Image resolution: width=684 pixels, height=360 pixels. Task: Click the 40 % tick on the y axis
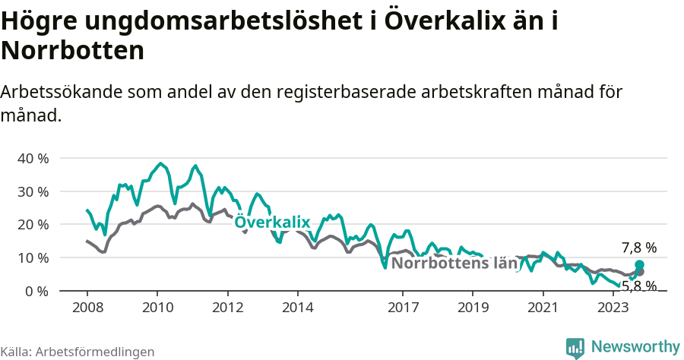point(33,158)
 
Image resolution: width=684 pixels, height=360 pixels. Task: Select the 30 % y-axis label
point(33,191)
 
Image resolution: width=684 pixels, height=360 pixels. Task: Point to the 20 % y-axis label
point(33,224)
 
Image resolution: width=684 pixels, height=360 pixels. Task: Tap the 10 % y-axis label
point(33,257)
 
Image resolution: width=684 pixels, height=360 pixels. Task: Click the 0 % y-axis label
point(36,291)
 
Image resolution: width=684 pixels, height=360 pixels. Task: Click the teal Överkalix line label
point(273,222)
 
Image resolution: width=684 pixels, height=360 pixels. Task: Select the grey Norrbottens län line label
point(455,264)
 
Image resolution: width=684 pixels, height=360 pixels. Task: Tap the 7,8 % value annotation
point(638,248)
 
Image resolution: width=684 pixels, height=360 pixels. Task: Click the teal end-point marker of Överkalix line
point(639,265)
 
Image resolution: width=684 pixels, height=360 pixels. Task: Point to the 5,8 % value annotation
point(638,286)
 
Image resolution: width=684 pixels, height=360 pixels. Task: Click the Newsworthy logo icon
point(575,347)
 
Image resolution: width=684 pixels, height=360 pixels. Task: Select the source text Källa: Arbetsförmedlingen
point(78,352)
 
